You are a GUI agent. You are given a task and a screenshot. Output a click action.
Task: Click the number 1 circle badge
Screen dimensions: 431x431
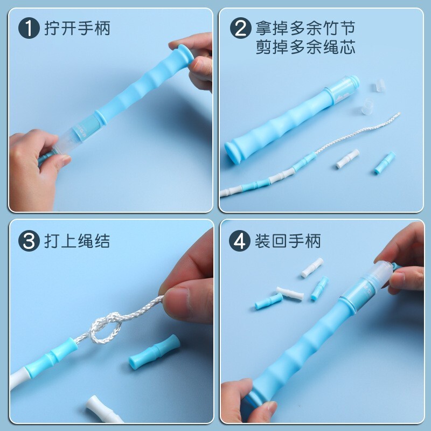(29, 28)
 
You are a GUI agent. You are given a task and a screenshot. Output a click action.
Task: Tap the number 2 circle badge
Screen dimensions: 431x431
(240, 28)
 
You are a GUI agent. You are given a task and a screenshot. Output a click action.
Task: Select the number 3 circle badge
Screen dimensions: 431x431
(29, 241)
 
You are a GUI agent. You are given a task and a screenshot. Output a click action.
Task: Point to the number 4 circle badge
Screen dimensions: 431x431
(239, 241)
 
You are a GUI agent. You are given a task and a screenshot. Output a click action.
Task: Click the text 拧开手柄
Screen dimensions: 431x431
(77, 29)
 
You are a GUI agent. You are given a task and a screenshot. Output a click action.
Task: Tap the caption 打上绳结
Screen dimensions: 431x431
(77, 241)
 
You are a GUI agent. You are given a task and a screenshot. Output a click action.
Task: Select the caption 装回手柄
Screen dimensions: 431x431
(288, 241)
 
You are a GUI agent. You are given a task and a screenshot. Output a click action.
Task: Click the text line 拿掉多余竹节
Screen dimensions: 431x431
(305, 28)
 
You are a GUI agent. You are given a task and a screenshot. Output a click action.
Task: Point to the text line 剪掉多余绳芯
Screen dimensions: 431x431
(305, 47)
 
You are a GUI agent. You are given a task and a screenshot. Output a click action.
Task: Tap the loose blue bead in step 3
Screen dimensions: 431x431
(155, 351)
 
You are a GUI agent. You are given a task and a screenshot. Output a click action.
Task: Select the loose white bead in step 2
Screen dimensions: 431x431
(348, 158)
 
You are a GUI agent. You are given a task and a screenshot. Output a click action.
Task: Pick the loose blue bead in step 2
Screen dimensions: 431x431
(385, 163)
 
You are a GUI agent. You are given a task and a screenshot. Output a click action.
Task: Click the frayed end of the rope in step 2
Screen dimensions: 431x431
(398, 114)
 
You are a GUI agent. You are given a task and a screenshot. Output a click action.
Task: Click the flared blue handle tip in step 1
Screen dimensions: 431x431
(185, 54)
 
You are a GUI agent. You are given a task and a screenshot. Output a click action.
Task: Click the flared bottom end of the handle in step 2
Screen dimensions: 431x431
(232, 152)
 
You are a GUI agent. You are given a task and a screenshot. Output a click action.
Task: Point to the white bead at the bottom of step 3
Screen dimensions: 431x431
(103, 409)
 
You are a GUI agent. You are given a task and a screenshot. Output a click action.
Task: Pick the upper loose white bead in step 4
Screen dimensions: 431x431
(312, 267)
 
